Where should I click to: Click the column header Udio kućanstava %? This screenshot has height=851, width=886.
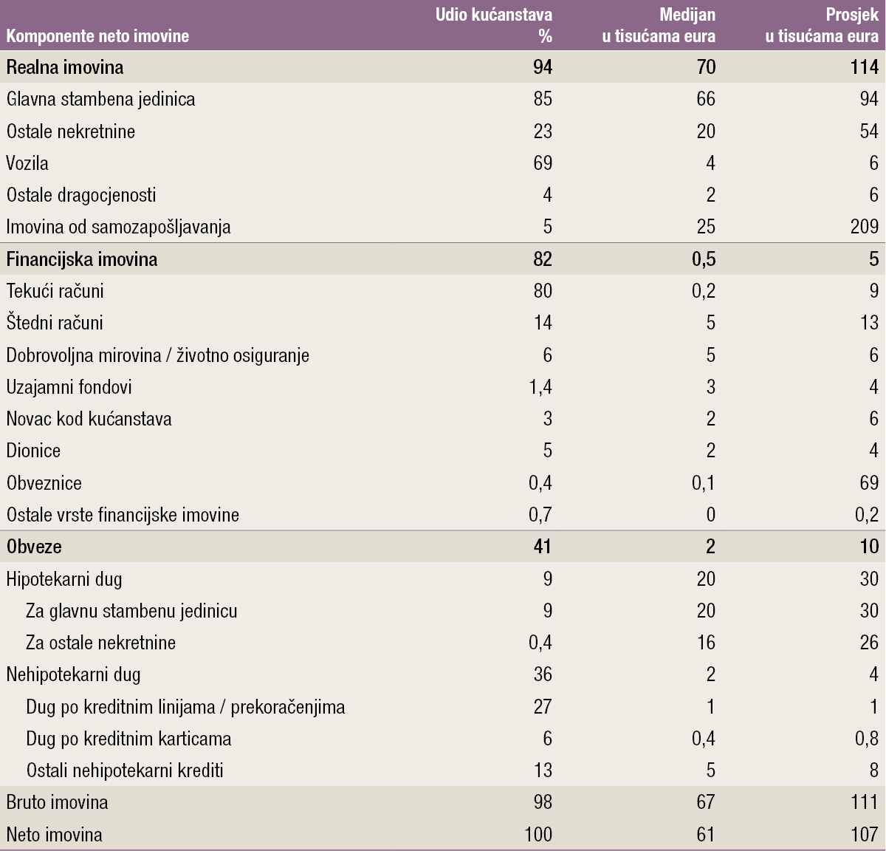click(x=494, y=25)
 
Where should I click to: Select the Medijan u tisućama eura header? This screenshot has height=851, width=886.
click(x=659, y=25)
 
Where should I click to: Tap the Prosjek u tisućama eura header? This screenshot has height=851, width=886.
click(x=822, y=25)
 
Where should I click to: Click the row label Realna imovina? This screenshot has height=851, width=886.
click(x=65, y=67)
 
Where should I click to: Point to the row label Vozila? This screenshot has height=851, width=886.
click(x=27, y=163)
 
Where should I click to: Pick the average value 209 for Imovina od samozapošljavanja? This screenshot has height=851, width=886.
click(x=864, y=227)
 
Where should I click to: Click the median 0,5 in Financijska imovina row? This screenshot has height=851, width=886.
click(x=703, y=259)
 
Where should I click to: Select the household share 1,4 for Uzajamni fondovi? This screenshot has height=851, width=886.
click(x=540, y=387)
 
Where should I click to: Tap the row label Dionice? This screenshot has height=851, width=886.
click(x=33, y=451)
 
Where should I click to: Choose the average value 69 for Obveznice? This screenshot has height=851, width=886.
click(x=868, y=483)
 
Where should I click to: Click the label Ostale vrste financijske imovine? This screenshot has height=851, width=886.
click(x=123, y=515)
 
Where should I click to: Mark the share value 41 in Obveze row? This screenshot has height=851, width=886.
click(x=542, y=547)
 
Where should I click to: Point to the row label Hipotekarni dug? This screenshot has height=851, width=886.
click(x=64, y=579)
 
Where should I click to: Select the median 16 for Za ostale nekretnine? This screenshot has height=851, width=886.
click(x=706, y=643)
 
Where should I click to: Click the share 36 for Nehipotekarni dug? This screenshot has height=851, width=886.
click(x=543, y=674)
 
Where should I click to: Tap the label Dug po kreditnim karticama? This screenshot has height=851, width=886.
click(x=128, y=739)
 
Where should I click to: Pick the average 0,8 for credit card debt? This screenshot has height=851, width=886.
click(x=866, y=739)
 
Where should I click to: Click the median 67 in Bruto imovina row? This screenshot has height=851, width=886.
click(x=706, y=802)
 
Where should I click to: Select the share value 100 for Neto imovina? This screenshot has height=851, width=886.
click(x=538, y=835)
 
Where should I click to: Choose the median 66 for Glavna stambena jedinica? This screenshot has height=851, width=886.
click(x=706, y=99)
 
